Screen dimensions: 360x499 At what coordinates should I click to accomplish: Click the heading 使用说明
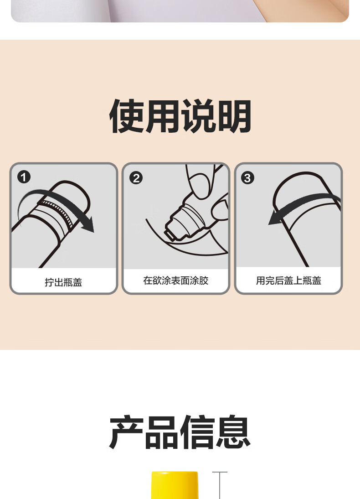pyautogui.click(x=180, y=116)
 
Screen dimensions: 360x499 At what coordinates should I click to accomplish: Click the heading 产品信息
pyautogui.click(x=180, y=432)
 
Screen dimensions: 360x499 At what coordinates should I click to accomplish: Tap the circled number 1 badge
pyautogui.click(x=24, y=177)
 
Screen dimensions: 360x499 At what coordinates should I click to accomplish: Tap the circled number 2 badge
pyautogui.click(x=136, y=178)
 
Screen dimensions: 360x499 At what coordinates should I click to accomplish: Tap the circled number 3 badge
pyautogui.click(x=248, y=177)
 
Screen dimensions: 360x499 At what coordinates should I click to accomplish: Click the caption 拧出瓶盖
pyautogui.click(x=64, y=282)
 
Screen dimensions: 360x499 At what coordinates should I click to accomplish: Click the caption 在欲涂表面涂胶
pyautogui.click(x=176, y=281)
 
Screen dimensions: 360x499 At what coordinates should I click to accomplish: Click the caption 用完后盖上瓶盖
pyautogui.click(x=288, y=281)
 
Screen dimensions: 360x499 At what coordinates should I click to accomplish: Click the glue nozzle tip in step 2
pyautogui.click(x=170, y=234)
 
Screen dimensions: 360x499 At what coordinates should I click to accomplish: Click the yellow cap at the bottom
pyautogui.click(x=175, y=485)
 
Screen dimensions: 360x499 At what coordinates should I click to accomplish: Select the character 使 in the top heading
pyautogui.click(x=127, y=116)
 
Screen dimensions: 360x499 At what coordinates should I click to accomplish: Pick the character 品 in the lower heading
pyautogui.click(x=162, y=432)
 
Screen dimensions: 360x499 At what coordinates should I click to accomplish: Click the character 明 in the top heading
pyautogui.click(x=234, y=116)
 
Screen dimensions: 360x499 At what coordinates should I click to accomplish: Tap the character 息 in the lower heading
pyautogui.click(x=233, y=432)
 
